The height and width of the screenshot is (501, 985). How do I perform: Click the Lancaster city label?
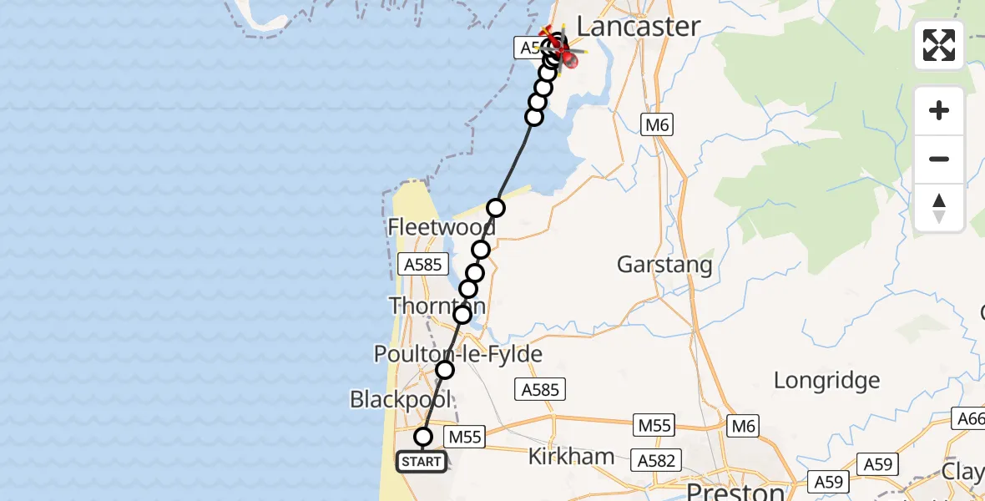pyautogui.click(x=638, y=26)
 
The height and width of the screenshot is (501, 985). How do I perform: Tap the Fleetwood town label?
pyautogui.click(x=441, y=226)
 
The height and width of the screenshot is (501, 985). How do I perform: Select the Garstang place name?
pyautogui.click(x=664, y=266)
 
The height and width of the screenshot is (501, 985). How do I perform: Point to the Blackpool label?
pyautogui.click(x=401, y=399)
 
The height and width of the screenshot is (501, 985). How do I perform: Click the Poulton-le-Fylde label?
pyautogui.click(x=457, y=354)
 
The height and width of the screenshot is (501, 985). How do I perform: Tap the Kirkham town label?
pyautogui.click(x=572, y=457)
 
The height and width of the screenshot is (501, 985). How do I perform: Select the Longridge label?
pyautogui.click(x=826, y=381)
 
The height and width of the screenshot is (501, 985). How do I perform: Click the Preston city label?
pyautogui.click(x=735, y=490)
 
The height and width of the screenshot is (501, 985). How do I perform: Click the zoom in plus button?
pyautogui.click(x=939, y=110)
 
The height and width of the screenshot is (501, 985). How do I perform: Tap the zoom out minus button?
pyautogui.click(x=939, y=159)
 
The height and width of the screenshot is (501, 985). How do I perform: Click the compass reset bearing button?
pyautogui.click(x=939, y=208)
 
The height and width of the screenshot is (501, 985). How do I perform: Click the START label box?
pyautogui.click(x=421, y=462)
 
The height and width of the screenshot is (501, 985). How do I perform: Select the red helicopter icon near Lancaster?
pyautogui.click(x=567, y=57)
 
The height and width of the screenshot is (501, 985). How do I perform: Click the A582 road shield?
pyautogui.click(x=658, y=460)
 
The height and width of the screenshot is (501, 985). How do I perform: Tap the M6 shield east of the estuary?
pyautogui.click(x=658, y=125)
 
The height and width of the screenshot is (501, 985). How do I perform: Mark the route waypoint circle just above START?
pyautogui.click(x=423, y=436)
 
